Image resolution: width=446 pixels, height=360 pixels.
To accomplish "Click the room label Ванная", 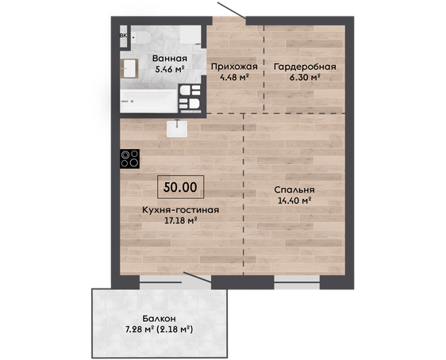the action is click(170, 59).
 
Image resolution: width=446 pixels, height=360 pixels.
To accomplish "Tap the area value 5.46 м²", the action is click(170, 69).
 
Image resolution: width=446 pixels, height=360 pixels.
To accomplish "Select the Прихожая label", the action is click(234, 67).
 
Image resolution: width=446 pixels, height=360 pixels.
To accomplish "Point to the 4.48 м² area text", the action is click(235, 77).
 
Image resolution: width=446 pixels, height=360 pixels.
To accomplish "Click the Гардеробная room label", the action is click(305, 67).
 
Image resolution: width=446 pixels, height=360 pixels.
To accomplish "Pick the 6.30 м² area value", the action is click(306, 77).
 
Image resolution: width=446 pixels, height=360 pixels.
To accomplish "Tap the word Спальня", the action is click(294, 190).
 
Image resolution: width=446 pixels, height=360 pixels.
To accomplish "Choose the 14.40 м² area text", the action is click(294, 201).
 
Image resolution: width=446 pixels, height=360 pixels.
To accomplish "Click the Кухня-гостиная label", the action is click(180, 210).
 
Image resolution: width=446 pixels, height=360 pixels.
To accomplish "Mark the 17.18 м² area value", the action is click(181, 220).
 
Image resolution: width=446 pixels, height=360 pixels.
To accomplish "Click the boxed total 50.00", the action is click(181, 187).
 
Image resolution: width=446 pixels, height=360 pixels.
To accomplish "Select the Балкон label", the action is click(159, 319).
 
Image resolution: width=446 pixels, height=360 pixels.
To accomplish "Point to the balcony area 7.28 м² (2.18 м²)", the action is click(160, 330).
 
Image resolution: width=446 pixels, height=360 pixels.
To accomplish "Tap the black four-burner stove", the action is click(129, 159).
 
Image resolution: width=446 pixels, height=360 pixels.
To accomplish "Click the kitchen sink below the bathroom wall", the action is click(177, 128).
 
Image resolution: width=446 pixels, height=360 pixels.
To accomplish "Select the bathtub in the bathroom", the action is click(148, 101).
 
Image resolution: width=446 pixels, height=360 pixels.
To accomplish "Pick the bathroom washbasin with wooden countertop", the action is click(129, 68).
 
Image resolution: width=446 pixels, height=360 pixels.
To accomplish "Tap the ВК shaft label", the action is click(123, 36).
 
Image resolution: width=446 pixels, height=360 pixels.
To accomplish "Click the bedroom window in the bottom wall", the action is click(297, 281).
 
